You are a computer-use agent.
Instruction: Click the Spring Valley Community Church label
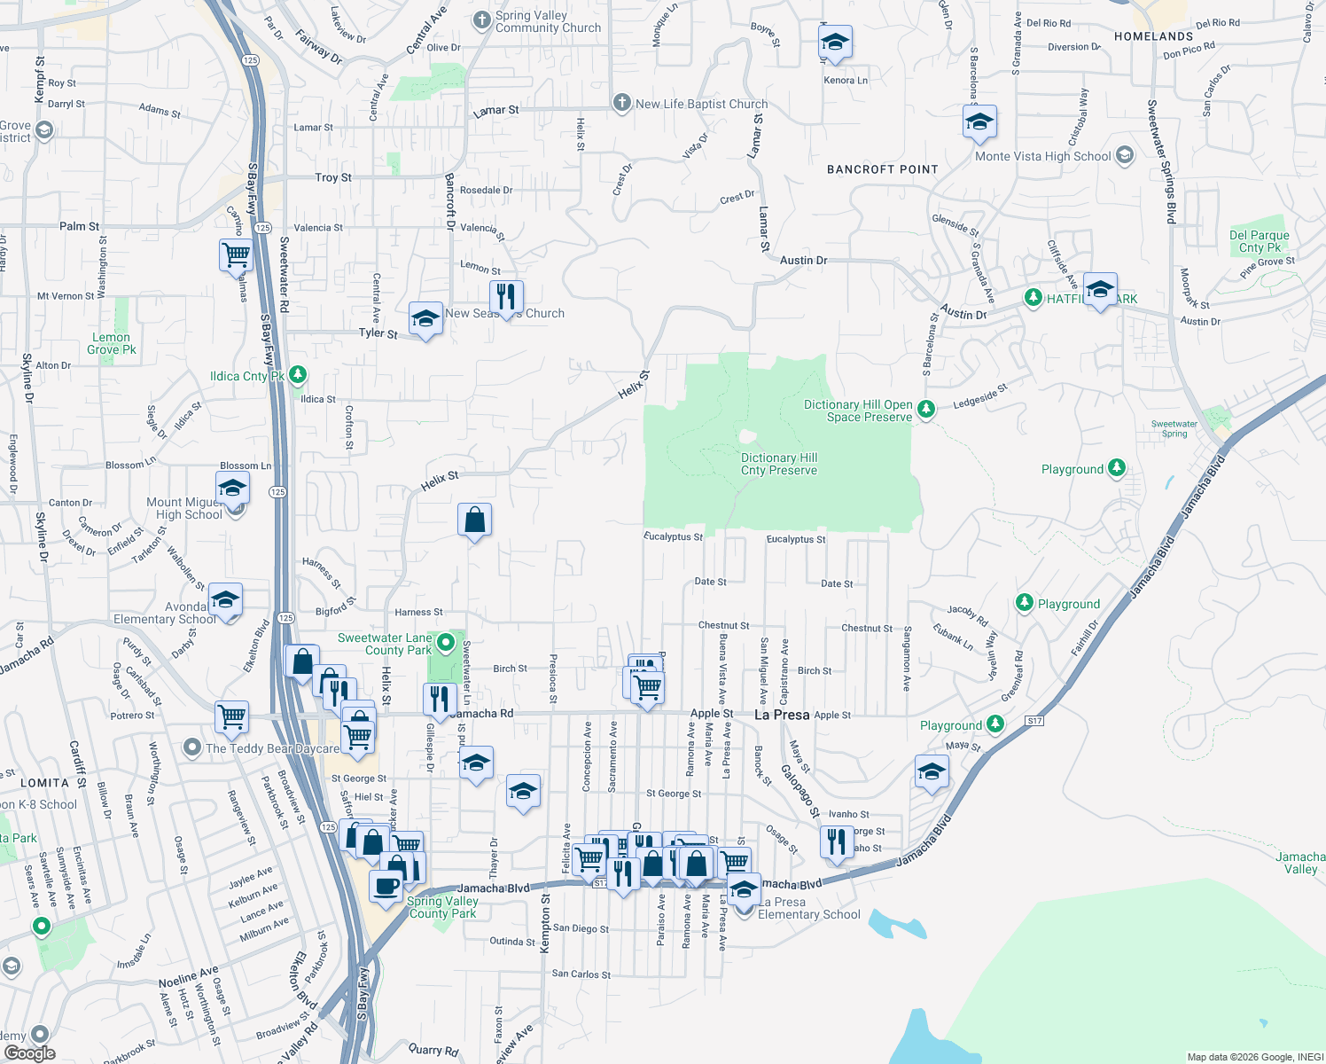click(548, 22)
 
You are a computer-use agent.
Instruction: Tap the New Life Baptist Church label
click(701, 104)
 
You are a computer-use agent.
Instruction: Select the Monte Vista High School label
click(1042, 156)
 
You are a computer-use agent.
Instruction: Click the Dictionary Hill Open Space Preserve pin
click(926, 409)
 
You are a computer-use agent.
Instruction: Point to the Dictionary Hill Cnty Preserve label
click(779, 464)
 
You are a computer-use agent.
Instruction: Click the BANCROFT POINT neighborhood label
click(882, 169)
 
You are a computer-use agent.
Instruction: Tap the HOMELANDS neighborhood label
click(1153, 36)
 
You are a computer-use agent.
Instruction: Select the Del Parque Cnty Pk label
click(1259, 241)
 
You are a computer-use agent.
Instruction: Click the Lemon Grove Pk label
click(111, 343)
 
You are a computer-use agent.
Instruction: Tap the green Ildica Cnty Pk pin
click(298, 375)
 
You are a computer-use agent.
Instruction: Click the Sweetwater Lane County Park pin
click(446, 642)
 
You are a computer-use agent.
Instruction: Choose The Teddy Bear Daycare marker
click(192, 748)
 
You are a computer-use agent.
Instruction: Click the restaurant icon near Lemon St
click(506, 297)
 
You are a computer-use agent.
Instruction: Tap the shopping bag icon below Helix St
click(474, 520)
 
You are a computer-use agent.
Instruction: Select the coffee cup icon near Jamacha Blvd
click(386, 886)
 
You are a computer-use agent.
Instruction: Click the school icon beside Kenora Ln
click(834, 43)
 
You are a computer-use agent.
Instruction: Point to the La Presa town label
click(781, 715)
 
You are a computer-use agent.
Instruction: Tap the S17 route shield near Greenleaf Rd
click(1034, 721)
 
